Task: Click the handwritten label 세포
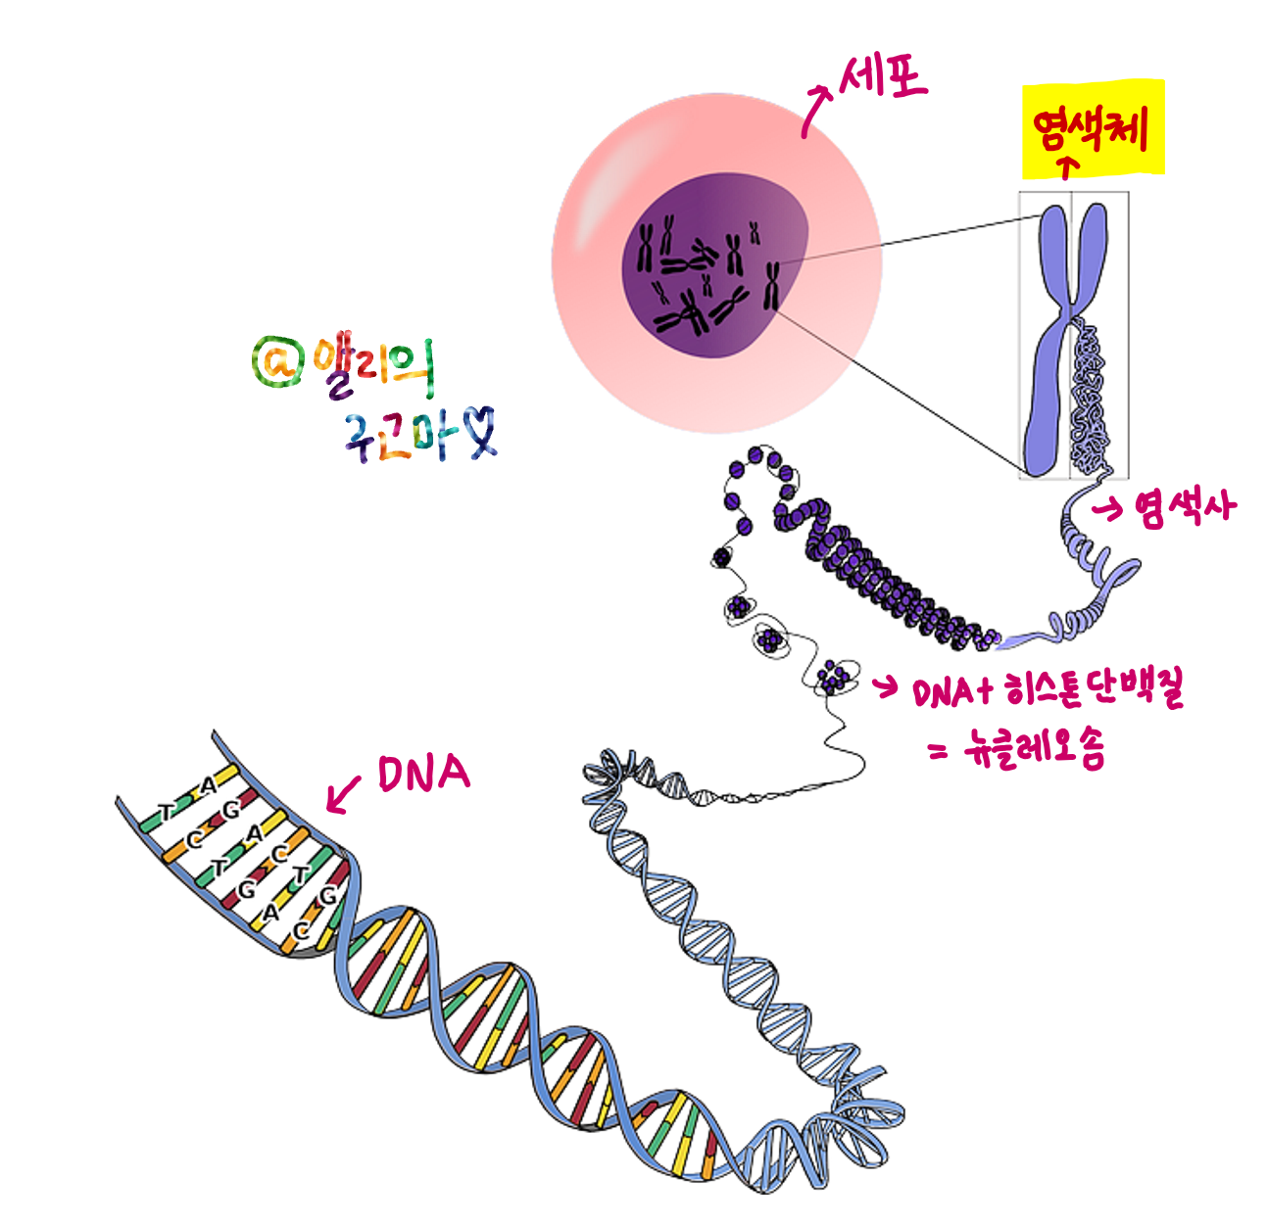coord(884,75)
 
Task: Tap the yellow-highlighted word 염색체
coord(1092,128)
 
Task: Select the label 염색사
coord(1185,508)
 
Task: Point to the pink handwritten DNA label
coord(423,774)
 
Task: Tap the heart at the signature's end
coord(480,434)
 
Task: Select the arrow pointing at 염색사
coord(1107,508)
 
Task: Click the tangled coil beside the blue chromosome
coord(1094,401)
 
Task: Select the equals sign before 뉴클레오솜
coord(938,752)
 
